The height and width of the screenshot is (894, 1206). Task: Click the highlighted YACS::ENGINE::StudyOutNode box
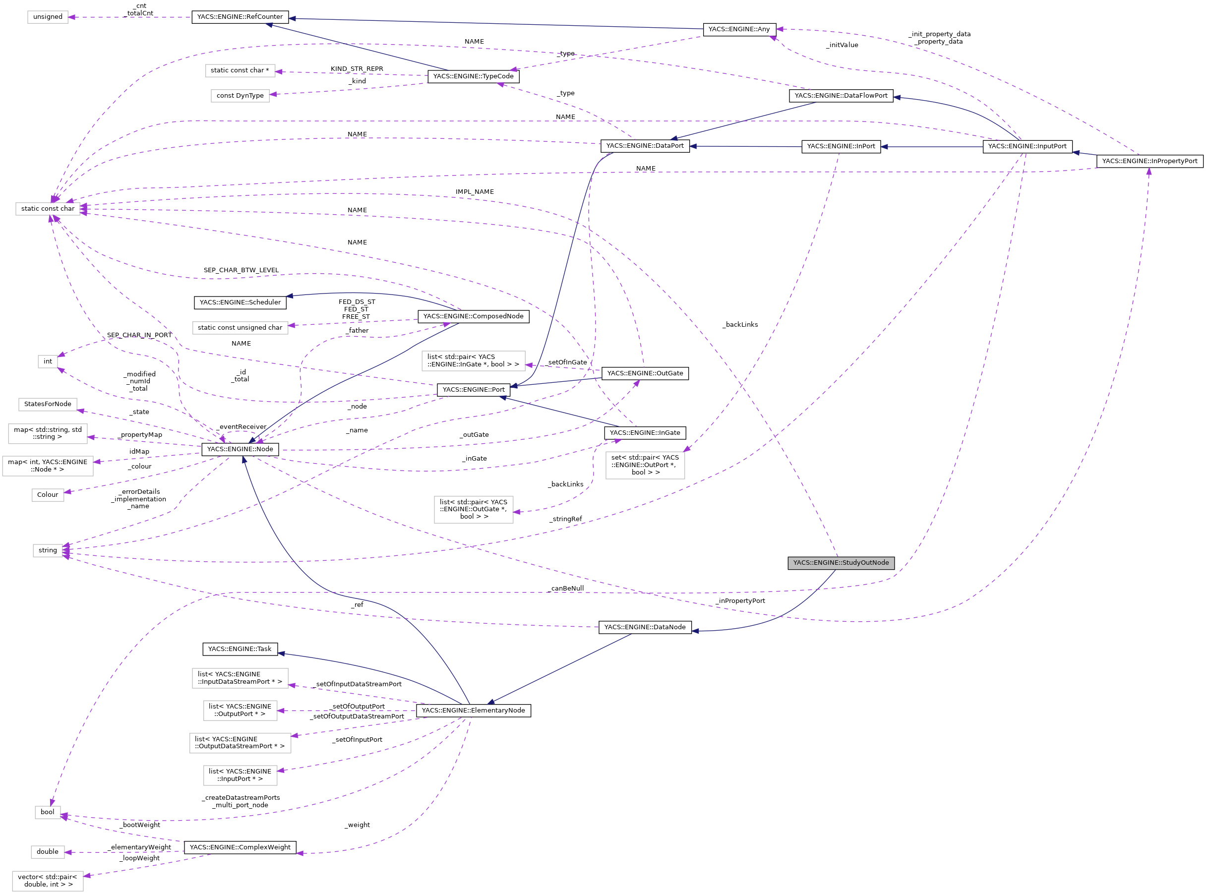click(841, 563)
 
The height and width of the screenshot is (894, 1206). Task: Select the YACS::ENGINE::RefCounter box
click(240, 17)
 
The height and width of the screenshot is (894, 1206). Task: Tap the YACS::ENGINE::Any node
click(739, 29)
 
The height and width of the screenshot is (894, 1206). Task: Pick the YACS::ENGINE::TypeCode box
click(473, 76)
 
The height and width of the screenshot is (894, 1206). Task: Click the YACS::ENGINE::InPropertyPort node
click(1149, 161)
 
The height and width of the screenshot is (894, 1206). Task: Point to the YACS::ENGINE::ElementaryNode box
click(473, 711)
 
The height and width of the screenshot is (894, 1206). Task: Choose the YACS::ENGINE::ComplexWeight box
click(240, 847)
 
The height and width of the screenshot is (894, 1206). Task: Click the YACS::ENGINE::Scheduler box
click(240, 302)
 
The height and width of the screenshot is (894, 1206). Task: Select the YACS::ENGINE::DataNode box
click(645, 627)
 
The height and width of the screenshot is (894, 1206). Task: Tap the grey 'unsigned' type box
click(48, 17)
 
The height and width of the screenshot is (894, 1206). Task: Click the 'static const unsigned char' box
click(240, 328)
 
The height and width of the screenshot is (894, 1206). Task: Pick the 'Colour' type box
click(48, 495)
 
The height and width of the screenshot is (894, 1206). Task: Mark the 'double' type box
click(48, 852)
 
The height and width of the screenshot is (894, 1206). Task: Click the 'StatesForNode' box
click(48, 404)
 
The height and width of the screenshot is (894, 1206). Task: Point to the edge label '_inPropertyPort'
click(740, 600)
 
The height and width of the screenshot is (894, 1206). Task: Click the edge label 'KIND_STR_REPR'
click(357, 69)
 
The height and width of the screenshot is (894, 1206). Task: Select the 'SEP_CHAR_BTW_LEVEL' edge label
click(241, 270)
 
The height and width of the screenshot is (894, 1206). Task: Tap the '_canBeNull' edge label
click(566, 588)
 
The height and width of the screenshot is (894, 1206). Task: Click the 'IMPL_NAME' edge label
click(474, 191)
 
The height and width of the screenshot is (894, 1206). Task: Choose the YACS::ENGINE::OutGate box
click(645, 373)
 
